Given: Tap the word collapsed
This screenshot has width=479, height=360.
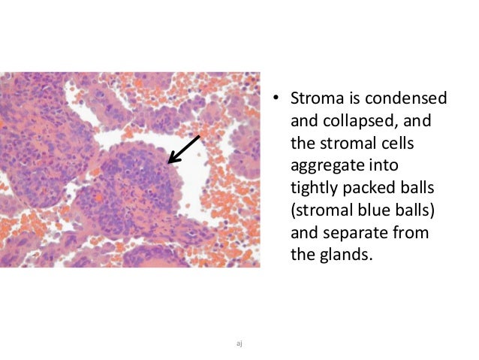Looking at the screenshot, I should (x=390, y=121).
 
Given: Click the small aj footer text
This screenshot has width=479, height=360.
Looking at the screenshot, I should (x=239, y=343).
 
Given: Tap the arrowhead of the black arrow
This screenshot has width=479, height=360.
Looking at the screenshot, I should (x=170, y=162).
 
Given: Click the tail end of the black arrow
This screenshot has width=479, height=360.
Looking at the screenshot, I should (x=200, y=136).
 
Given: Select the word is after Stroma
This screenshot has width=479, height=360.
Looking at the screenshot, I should (x=354, y=99).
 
